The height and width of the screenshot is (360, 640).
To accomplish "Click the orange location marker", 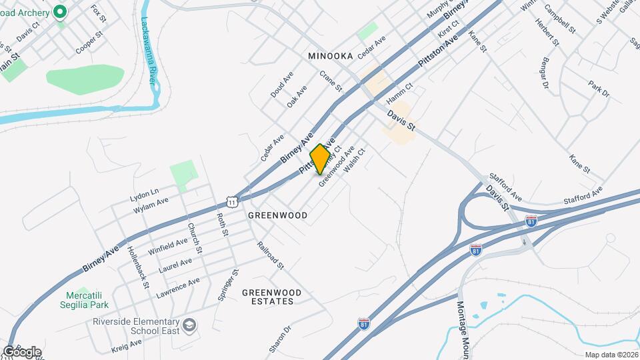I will pyautogui.click(x=321, y=158).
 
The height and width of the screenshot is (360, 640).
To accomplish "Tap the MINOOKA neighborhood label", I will pyautogui.click(x=330, y=57).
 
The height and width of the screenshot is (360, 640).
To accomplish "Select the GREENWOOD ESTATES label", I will pyautogui.click(x=271, y=297).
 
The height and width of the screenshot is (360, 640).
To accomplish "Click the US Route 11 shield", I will pyautogui.click(x=231, y=201).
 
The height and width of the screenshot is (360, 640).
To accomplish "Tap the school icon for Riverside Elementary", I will pyautogui.click(x=190, y=324).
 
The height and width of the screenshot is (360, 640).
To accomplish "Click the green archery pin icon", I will pyautogui.click(x=59, y=11).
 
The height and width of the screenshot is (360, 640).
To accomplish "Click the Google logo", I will pyautogui.click(x=22, y=351).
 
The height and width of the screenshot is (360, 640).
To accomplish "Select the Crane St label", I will pyautogui.click(x=331, y=81).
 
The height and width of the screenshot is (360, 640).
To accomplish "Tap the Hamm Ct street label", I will pyautogui.click(x=400, y=93).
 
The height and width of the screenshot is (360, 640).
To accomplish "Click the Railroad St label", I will pyautogui.click(x=271, y=255).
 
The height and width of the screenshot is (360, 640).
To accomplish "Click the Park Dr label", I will pyautogui.click(x=599, y=89).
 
